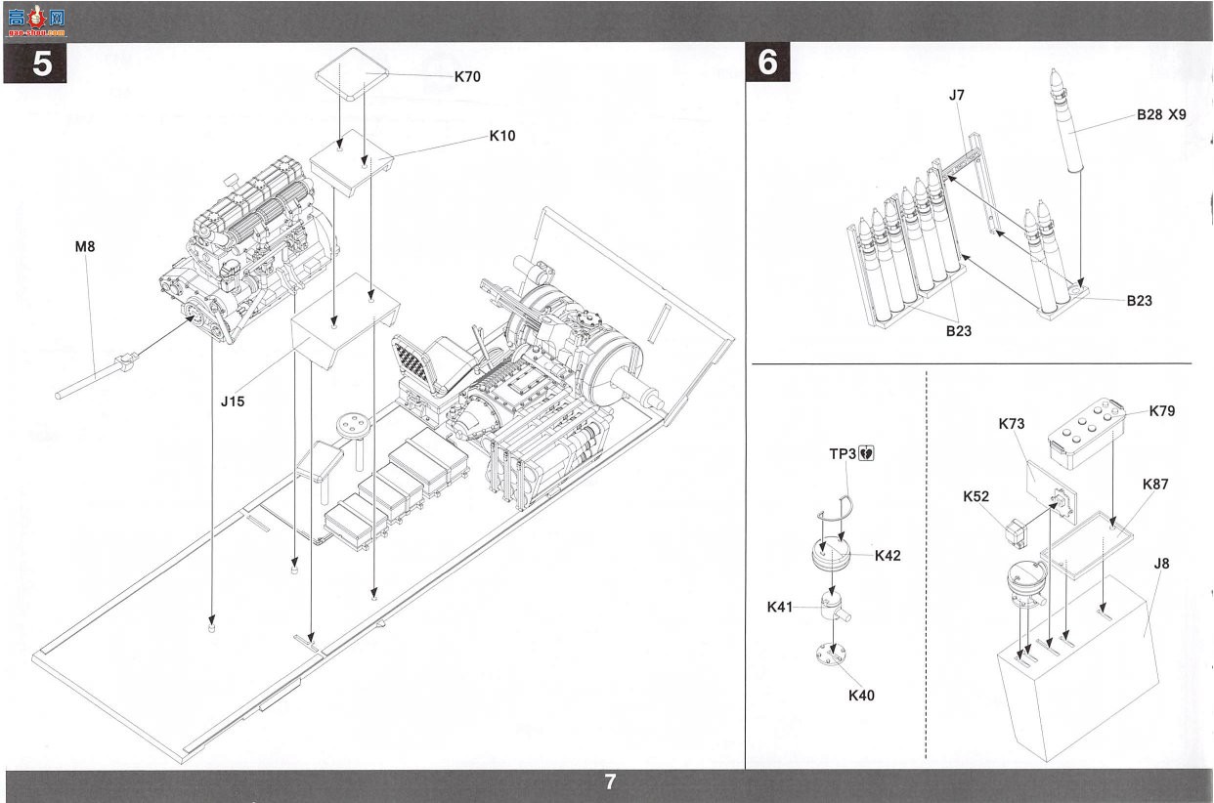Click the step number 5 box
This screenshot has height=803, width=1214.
point(35,63)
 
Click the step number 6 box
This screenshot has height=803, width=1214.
point(767,63)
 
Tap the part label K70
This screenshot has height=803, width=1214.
point(467,77)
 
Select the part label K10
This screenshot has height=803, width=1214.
point(502,136)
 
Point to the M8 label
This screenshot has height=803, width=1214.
point(85,247)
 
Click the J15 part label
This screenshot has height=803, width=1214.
point(233,401)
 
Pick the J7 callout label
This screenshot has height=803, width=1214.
point(957,96)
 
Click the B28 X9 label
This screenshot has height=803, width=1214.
point(1161,115)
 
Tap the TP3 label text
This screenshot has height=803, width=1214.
point(843,453)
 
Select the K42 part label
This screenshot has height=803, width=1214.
point(888,556)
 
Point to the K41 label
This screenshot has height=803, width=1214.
point(780,608)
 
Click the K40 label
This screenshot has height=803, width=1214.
point(861,696)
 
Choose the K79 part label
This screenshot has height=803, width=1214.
point(1162,411)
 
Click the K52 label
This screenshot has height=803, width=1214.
point(976,496)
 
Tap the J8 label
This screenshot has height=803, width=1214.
point(1161,564)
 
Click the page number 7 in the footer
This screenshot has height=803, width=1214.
point(610,782)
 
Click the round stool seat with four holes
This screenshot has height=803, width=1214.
point(354,424)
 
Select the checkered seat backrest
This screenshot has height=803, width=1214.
point(414,361)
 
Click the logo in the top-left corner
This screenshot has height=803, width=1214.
point(36,21)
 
